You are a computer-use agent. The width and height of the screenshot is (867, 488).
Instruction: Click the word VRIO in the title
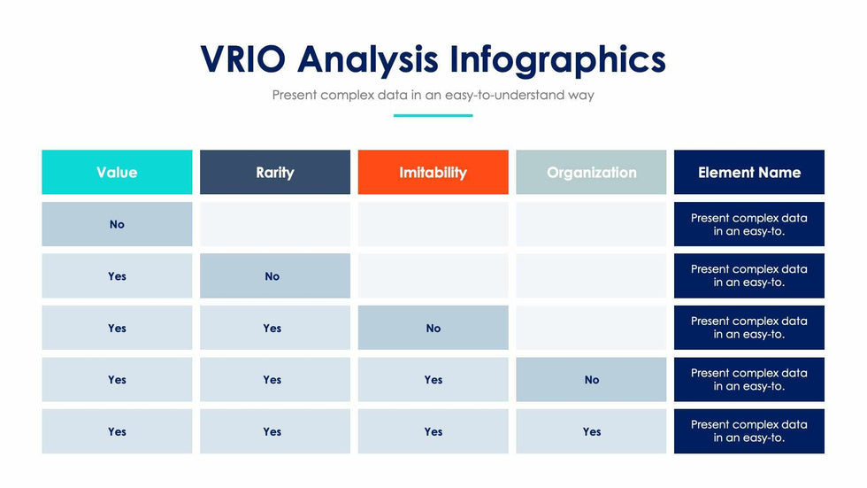pyautogui.click(x=244, y=59)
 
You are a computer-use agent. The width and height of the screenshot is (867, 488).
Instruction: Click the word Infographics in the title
pyautogui.click(x=557, y=59)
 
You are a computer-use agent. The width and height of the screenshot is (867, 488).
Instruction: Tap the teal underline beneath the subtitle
pyautogui.click(x=433, y=115)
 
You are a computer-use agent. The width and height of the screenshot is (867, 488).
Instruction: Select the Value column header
pyautogui.click(x=117, y=173)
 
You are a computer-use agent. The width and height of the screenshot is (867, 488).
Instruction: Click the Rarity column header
pyautogui.click(x=274, y=173)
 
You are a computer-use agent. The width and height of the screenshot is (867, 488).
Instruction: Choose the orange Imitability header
pyautogui.click(x=433, y=173)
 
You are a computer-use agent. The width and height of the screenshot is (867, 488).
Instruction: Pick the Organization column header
pyautogui.click(x=591, y=173)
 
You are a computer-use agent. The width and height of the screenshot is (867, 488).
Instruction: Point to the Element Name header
pyautogui.click(x=748, y=173)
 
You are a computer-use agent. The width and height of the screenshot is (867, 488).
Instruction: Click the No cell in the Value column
pyautogui.click(x=117, y=224)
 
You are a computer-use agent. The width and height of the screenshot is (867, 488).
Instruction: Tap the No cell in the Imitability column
pyautogui.click(x=433, y=328)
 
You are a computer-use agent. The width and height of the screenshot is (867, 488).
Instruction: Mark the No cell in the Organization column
pyautogui.click(x=591, y=380)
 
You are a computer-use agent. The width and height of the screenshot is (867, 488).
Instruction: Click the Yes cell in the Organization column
pyautogui.click(x=591, y=432)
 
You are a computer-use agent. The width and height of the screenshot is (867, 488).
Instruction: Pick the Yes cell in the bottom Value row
pyautogui.click(x=117, y=432)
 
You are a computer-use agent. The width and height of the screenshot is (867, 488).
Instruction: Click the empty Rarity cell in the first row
pyautogui.click(x=274, y=224)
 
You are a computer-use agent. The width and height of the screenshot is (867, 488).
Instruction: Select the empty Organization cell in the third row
pyautogui.click(x=591, y=328)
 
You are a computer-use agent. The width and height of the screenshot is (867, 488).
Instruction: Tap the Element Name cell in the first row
pyautogui.click(x=748, y=224)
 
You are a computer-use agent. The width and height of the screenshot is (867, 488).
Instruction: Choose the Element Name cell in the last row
pyautogui.click(x=748, y=432)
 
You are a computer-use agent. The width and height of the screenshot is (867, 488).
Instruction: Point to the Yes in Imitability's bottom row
pyautogui.click(x=433, y=432)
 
